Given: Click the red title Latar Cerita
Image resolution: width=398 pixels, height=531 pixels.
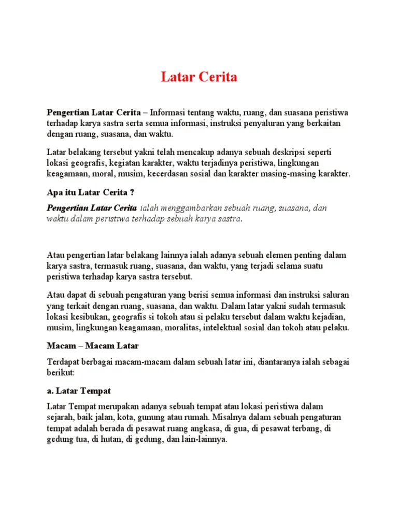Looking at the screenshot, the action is coord(198,78).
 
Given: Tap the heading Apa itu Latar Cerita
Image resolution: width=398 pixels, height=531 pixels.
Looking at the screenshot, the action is coord(91,193).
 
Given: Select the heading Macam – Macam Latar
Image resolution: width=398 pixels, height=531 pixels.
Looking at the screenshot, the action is coord(93,345).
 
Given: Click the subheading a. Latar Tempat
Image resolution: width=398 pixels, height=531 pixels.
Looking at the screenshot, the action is coord(79,390).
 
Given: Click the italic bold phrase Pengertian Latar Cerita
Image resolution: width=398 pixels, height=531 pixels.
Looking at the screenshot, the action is coord(92,208).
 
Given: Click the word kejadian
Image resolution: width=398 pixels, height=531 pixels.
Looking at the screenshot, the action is coord(328,317).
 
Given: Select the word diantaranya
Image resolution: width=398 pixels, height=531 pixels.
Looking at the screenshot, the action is coord(280,361).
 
